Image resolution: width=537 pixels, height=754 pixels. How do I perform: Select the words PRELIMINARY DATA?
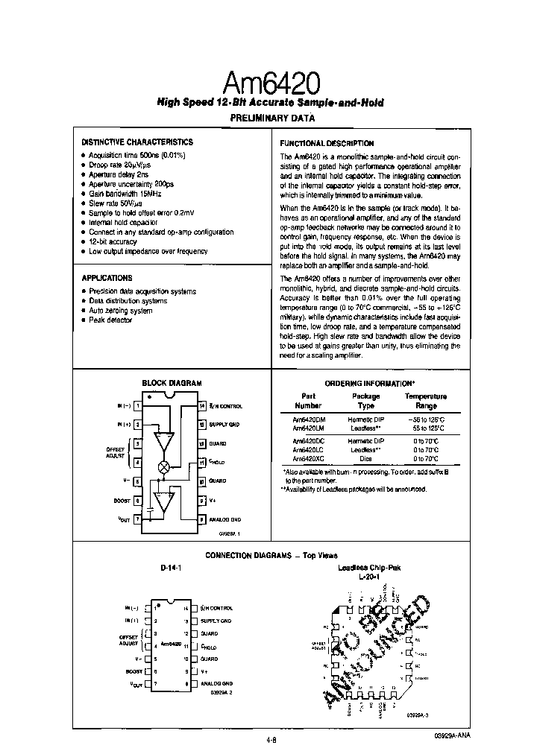271,118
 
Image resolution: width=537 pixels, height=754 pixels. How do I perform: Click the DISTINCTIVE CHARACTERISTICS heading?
136,142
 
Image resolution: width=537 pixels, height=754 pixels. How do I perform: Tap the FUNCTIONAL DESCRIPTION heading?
327,143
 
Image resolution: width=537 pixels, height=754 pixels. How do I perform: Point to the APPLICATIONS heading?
107,278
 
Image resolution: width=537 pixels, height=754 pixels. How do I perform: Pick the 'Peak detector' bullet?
110,320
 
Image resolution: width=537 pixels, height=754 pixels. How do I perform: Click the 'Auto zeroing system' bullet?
121,310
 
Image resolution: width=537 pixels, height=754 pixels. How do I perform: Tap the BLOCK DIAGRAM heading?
172,383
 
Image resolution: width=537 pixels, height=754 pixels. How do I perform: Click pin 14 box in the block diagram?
201,406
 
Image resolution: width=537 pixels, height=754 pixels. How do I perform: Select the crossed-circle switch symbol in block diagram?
163,466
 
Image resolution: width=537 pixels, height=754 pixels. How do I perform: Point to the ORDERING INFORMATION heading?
370,383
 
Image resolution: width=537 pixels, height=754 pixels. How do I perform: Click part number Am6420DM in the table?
307,420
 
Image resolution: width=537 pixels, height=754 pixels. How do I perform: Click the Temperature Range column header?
425,401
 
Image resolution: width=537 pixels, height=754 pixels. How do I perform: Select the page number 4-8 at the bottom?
271,719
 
